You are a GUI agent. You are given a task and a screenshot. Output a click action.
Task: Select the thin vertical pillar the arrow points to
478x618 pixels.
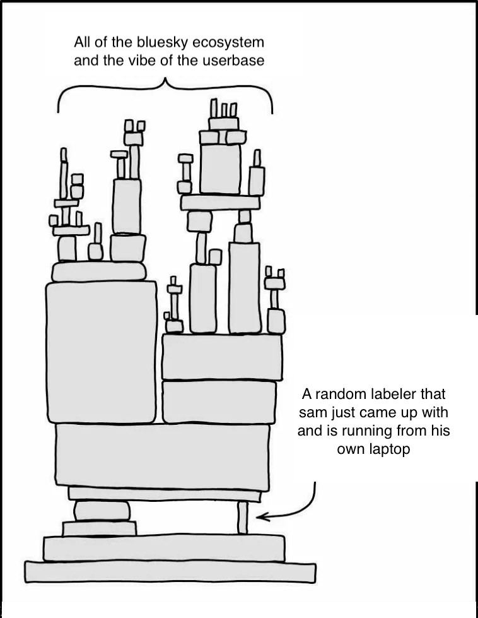(243, 518)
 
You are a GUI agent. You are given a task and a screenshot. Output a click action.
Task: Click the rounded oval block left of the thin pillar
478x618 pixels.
(102, 511)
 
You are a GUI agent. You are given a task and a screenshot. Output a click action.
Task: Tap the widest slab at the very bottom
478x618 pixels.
(170, 573)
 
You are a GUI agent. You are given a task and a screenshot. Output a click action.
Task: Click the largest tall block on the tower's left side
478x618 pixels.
(102, 352)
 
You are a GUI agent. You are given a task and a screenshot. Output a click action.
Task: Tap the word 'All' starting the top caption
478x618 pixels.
(81, 42)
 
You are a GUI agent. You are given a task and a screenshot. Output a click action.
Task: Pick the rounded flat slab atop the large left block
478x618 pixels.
(99, 271)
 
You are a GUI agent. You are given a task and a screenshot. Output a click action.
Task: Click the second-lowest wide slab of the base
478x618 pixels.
(164, 548)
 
